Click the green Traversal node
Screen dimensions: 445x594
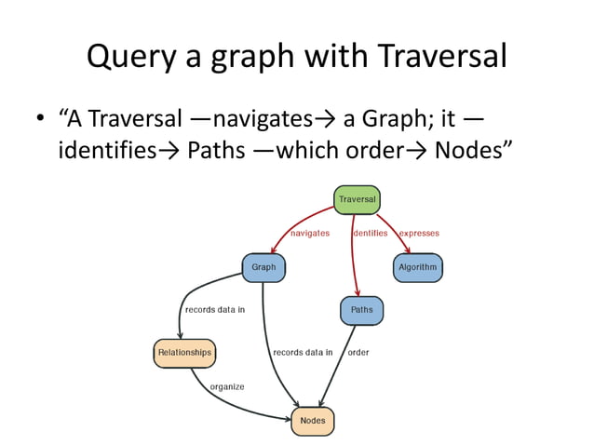(357, 200)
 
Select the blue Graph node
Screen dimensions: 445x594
(263, 267)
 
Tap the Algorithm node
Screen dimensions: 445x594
(417, 267)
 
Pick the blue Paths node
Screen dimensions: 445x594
(361, 310)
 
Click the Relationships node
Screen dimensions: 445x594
(183, 353)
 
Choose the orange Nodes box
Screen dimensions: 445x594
(312, 421)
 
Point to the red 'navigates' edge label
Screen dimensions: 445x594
(310, 234)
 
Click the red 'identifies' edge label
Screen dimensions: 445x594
(371, 234)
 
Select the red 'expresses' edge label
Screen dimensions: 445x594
(419, 234)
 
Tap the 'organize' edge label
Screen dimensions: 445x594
(226, 386)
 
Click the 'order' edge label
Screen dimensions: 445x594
(358, 353)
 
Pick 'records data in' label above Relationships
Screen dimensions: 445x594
(214, 310)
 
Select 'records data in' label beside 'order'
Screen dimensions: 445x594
(303, 353)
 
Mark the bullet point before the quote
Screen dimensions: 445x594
(40, 121)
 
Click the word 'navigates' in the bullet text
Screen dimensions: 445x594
(262, 119)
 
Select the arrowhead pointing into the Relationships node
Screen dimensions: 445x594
(180, 336)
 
